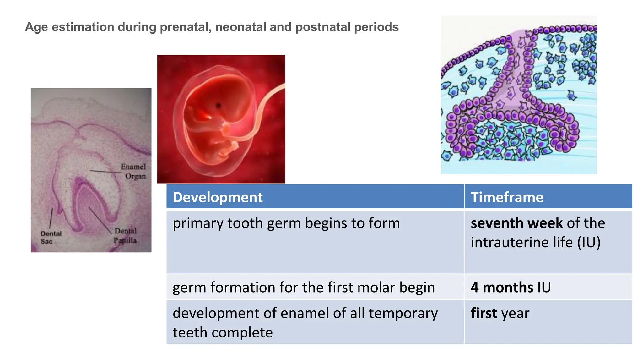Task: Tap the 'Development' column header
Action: point(218,197)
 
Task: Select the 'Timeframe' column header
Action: point(507,197)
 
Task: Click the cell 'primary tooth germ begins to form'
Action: point(286,223)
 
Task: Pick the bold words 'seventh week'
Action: point(516,223)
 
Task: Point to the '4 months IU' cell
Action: point(511,288)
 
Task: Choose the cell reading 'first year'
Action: point(500,313)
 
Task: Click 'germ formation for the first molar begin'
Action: point(304,288)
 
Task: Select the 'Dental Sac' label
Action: point(51,237)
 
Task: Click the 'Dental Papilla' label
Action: point(125,236)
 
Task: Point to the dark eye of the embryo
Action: point(218,105)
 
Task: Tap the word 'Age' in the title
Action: point(36,27)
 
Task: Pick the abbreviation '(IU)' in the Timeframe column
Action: point(589,243)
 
